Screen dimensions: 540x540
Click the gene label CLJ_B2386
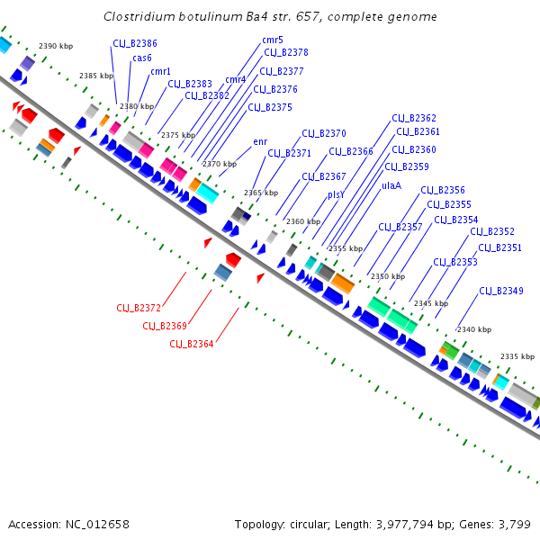coord(134,43)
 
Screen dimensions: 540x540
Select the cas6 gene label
coord(142,58)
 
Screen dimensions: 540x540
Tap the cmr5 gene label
coord(273,40)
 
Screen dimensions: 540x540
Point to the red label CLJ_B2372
coord(139,308)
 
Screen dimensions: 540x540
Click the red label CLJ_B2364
coord(192,344)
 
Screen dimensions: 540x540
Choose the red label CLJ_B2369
coord(165,326)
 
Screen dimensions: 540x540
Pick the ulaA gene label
coord(391,184)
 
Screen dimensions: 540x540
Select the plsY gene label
coord(337,193)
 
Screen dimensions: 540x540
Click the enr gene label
coord(260,141)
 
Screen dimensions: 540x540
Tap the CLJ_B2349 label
coord(501,291)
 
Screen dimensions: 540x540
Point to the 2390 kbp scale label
coord(54,46)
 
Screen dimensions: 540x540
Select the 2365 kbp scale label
coord(260,193)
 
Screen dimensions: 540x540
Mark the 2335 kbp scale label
coord(516,356)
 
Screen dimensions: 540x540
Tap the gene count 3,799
coord(515,524)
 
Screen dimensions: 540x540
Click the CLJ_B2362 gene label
coord(414,118)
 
